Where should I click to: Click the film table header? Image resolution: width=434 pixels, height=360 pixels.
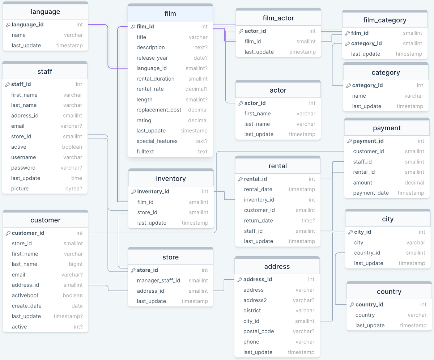[x=170, y=14]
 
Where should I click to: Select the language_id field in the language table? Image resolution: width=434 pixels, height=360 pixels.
[x=27, y=25]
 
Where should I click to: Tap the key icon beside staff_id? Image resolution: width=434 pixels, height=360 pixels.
[x=8, y=84]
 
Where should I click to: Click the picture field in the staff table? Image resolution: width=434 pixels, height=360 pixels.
[x=20, y=189]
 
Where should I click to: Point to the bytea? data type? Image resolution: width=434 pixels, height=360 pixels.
[x=73, y=189]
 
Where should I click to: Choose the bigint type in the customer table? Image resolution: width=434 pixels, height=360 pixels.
[x=76, y=264]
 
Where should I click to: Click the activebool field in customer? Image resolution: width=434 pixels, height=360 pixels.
[x=25, y=295]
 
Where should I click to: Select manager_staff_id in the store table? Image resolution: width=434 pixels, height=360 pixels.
[x=158, y=280]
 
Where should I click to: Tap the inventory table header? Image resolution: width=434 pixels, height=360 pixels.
[x=171, y=179]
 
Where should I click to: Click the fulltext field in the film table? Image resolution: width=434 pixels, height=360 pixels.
[x=145, y=152]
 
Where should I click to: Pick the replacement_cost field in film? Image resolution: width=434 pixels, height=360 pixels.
[x=159, y=110]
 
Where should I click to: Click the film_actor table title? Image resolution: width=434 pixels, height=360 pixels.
[x=278, y=18]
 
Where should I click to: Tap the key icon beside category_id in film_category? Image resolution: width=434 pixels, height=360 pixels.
[x=347, y=43]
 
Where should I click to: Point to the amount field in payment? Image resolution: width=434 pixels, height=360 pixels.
[x=362, y=183]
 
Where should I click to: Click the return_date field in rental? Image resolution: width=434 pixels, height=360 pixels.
[x=258, y=220]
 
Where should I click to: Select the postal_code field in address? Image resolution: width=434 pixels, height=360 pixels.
[x=259, y=331]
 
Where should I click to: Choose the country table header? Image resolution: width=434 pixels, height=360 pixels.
[x=389, y=292]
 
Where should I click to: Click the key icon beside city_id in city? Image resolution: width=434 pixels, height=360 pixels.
[x=350, y=232]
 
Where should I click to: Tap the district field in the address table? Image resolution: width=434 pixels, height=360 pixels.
[x=252, y=310]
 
